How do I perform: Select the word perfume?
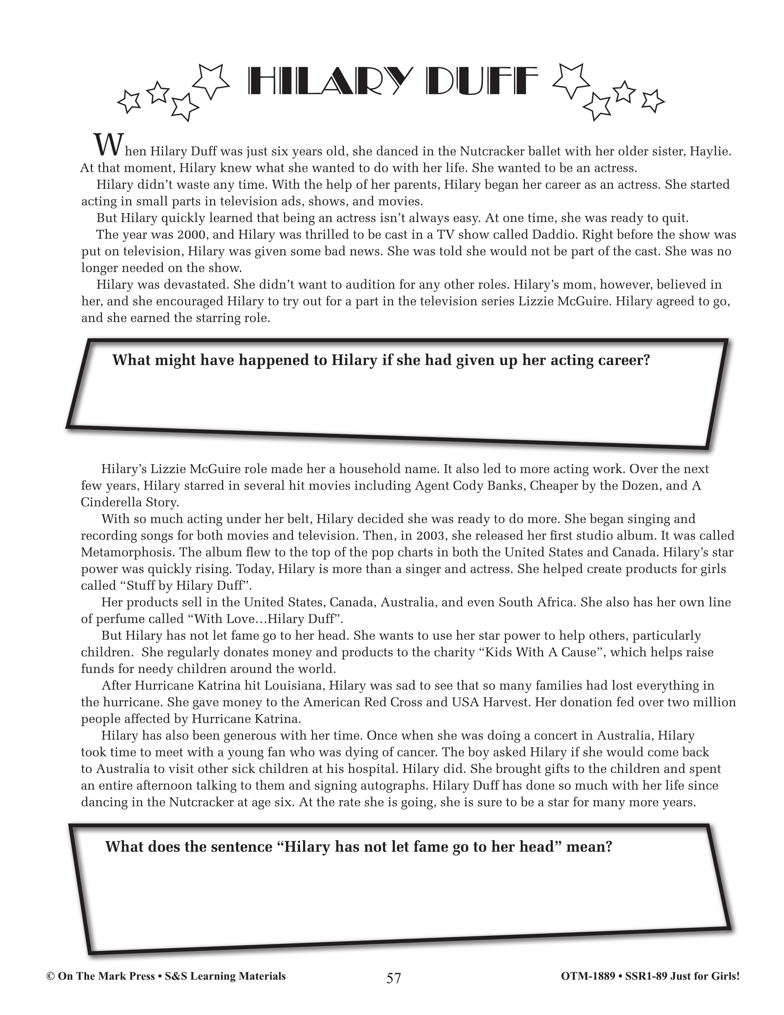point(118,619)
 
